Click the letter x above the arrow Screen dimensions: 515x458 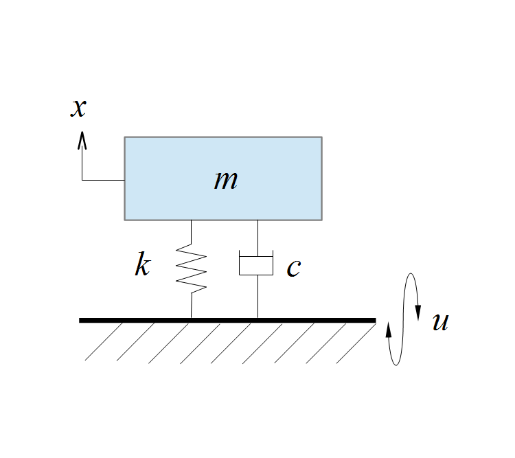pos(78,108)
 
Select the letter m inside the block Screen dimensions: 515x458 pos(226,180)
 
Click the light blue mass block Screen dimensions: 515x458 pos(223,179)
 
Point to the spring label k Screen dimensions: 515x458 pos(143,264)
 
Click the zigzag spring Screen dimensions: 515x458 pos(191,268)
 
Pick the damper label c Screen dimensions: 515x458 pos(294,268)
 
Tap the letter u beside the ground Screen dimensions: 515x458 pos(440,321)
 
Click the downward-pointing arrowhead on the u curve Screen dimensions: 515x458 pos(418,313)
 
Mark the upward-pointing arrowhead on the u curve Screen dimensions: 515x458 pos(389,330)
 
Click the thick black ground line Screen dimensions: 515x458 pos(227,321)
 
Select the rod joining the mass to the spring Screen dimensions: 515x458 pos(191,232)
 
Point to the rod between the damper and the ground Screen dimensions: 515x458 pos(257,297)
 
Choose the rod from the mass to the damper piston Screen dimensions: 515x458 pos(257,238)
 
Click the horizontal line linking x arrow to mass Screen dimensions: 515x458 pos(103,180)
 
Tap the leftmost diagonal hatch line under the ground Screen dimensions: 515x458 pos(104,342)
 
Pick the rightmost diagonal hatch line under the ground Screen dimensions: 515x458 pos(356,343)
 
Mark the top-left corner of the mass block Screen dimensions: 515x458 pos(124,137)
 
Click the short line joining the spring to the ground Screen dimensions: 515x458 pos(191,306)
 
